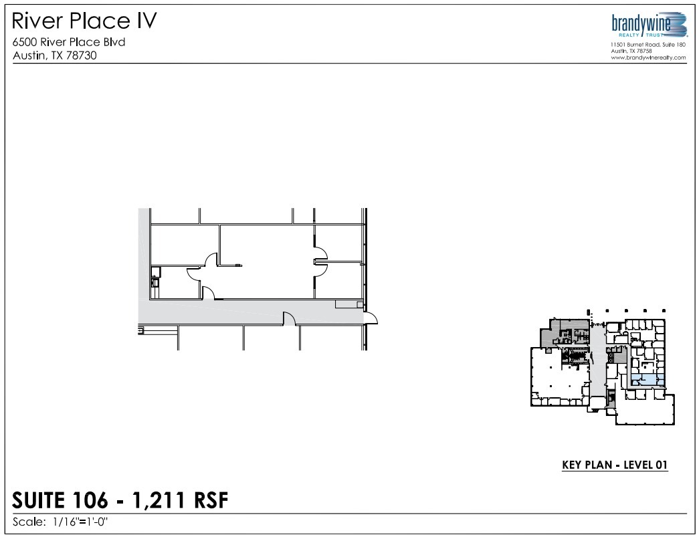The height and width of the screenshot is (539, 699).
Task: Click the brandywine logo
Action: pos(650,25)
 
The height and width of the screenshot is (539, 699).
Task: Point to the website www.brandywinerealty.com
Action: pos(648,58)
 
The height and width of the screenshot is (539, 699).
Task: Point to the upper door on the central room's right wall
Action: pos(320,253)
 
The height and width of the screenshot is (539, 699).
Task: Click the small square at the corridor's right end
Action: pos(360,305)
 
